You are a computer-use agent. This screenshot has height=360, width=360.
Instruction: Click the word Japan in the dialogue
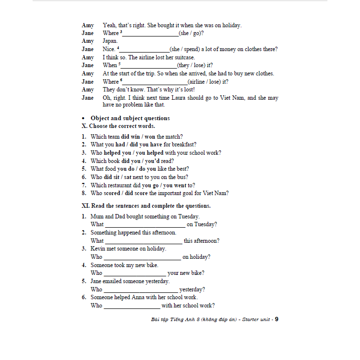110,41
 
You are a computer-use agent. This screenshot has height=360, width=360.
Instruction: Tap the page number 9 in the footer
276,320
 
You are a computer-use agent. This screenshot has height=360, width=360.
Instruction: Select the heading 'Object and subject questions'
130,118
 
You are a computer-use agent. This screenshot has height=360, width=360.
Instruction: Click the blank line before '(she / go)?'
150,34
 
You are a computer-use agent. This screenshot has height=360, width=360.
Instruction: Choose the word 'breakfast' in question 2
182,144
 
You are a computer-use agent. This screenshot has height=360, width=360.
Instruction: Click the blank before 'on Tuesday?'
145,225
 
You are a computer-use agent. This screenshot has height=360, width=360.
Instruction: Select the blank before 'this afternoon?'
144,241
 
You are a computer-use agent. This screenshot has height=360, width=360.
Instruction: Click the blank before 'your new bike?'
135,274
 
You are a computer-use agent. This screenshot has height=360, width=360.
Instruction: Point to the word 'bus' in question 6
183,177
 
